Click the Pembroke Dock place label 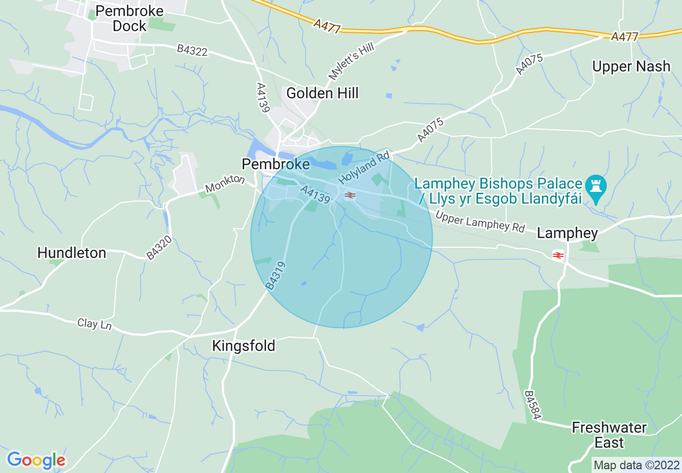[129, 18]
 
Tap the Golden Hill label [322, 93]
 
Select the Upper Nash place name [631, 67]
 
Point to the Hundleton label [72, 253]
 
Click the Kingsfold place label [244, 346]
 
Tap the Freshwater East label [609, 435]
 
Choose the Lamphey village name [567, 233]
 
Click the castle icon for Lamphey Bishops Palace [595, 186]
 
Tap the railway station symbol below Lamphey [558, 255]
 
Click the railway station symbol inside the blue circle [350, 195]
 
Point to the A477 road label [624, 37]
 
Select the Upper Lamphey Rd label [480, 221]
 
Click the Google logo [36, 460]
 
